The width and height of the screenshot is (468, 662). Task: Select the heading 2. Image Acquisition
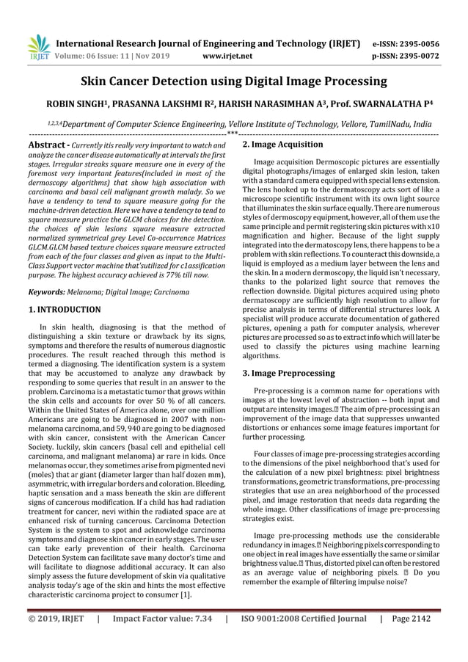[282, 145]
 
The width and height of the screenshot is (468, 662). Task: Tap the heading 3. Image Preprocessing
[288, 373]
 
